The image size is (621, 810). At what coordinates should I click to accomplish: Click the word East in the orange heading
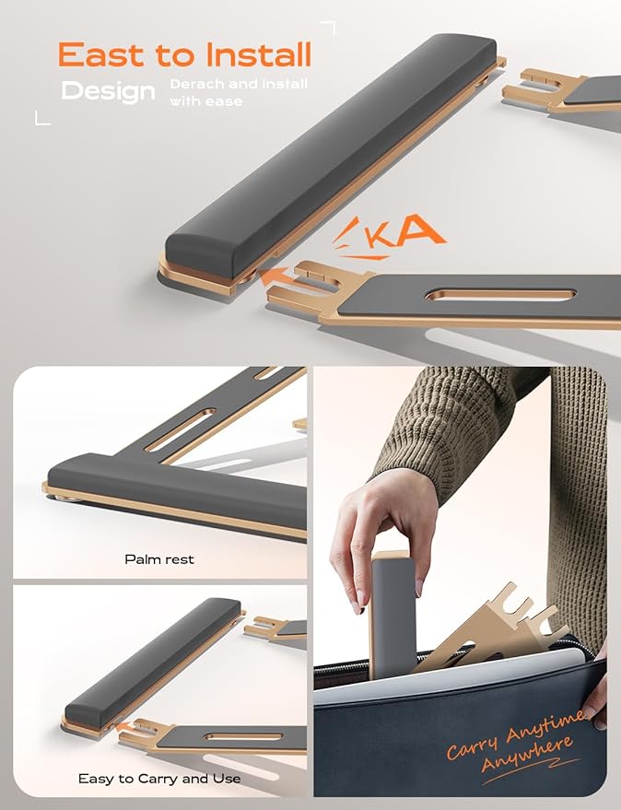[100, 56]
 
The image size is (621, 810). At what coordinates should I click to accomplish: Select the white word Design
[108, 91]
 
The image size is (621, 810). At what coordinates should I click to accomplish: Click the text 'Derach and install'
[239, 85]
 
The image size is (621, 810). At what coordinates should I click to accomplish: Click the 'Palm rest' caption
[159, 559]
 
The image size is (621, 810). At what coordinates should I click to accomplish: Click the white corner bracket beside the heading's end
[328, 28]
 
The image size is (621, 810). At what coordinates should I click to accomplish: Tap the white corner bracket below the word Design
[41, 117]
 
